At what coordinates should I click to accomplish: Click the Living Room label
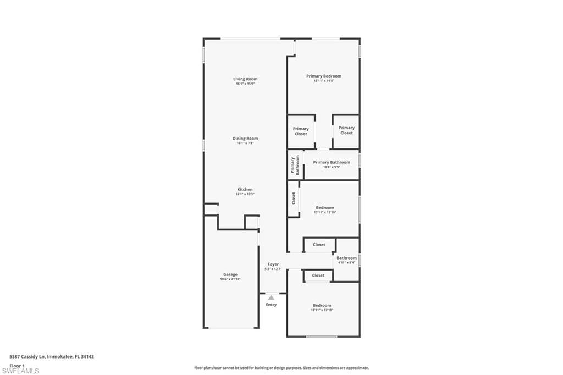[x=245, y=79]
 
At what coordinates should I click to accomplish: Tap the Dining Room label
[x=245, y=139]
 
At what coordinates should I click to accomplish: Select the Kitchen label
[x=245, y=190]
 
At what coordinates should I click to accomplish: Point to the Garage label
[x=230, y=274]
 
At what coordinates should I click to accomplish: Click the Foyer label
[x=273, y=264]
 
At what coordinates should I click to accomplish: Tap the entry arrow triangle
[x=271, y=297]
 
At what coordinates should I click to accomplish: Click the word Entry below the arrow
[x=271, y=305]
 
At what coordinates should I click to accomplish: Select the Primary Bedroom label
[x=324, y=76]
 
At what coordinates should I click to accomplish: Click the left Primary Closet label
[x=301, y=131]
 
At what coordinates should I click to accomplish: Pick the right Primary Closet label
[x=346, y=130]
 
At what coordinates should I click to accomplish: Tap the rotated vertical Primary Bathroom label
[x=296, y=165]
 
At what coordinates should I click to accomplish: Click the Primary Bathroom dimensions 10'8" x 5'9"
[x=332, y=167]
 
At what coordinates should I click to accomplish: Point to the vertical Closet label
[x=294, y=198]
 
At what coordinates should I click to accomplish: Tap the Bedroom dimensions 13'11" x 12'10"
[x=322, y=310]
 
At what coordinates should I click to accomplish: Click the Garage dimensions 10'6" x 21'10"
[x=230, y=279]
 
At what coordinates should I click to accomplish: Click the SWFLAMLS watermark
[x=20, y=371]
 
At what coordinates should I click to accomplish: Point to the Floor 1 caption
[x=18, y=365]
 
